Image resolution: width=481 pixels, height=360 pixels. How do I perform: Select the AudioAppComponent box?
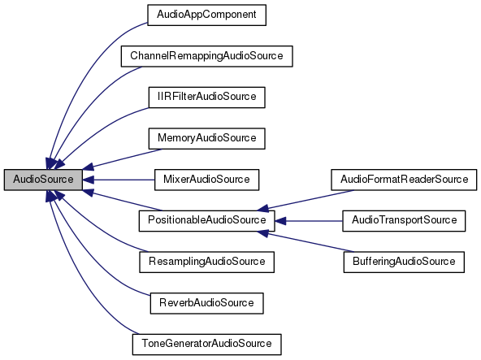[206, 15]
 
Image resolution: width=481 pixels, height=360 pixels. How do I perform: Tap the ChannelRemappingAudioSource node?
[206, 56]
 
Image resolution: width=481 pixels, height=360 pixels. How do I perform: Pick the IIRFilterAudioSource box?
[206, 97]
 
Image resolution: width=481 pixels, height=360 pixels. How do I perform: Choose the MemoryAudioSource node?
[206, 138]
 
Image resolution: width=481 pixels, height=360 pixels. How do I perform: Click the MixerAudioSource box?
[206, 179]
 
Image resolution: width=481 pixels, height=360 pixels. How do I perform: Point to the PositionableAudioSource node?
[206, 220]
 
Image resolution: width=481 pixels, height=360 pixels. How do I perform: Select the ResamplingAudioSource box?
[206, 262]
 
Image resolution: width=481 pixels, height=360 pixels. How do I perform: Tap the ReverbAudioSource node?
[206, 302]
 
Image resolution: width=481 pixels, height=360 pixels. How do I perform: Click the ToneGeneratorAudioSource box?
[206, 344]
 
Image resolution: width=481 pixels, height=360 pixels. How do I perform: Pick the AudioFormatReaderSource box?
[404, 179]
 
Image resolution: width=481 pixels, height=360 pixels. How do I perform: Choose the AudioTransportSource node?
[404, 220]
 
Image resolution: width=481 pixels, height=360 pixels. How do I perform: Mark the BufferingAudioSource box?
[404, 262]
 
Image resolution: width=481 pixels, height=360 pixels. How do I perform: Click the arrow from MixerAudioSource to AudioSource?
[122, 179]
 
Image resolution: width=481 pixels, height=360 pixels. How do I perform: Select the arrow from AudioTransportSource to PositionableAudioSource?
[313, 220]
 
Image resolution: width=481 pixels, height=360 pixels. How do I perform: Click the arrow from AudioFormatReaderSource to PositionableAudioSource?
[309, 198]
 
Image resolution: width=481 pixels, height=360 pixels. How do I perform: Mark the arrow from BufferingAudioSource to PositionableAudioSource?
[309, 241]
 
